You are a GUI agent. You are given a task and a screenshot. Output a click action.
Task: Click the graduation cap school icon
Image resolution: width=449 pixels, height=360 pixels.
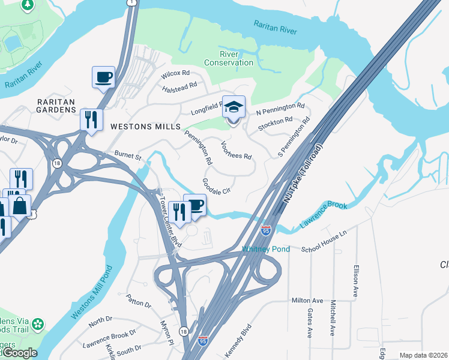(234, 108)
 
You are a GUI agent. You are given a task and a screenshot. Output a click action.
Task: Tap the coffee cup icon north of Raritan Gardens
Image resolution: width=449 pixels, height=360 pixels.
(103, 77)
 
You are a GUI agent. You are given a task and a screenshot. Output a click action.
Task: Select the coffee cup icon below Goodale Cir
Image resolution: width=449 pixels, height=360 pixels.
(194, 206)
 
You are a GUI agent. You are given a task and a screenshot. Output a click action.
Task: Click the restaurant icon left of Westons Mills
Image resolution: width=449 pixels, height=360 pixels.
(91, 119)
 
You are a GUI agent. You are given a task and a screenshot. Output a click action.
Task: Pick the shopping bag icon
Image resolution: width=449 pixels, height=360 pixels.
(20, 206)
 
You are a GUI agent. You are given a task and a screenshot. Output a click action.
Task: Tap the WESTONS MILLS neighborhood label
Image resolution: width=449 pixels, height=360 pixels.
(145, 127)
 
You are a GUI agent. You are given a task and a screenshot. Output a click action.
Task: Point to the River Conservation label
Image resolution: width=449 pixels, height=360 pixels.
(229, 58)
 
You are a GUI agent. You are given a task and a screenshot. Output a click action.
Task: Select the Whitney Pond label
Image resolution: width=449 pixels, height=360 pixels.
(266, 249)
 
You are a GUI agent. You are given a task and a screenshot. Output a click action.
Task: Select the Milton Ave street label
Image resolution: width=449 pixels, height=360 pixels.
(307, 301)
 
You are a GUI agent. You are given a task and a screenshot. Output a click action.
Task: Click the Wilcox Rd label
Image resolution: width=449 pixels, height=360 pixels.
(176, 76)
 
